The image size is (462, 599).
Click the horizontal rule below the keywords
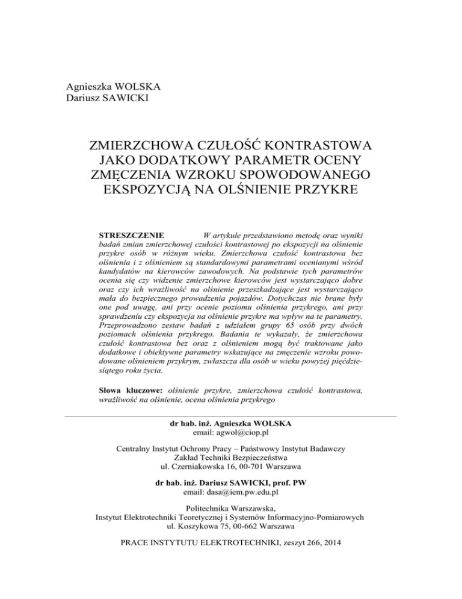231,416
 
